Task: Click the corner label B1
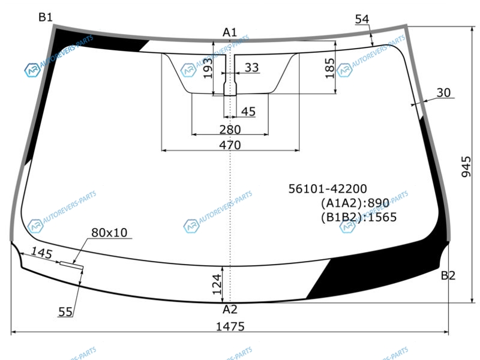(x=46, y=17)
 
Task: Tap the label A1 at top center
(x=230, y=32)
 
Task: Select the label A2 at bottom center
(x=230, y=310)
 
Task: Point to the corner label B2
(x=448, y=275)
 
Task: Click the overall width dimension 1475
(x=230, y=326)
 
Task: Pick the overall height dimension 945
(x=466, y=167)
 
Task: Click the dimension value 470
(x=230, y=145)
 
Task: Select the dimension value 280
(x=230, y=130)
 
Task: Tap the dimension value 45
(x=248, y=112)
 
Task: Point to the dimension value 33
(x=251, y=67)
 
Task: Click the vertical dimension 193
(x=208, y=68)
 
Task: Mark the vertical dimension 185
(x=329, y=68)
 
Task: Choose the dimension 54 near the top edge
(x=362, y=19)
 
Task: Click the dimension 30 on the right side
(x=443, y=92)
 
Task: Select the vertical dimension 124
(x=217, y=284)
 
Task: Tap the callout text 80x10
(x=109, y=233)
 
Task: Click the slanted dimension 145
(x=41, y=253)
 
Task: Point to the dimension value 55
(x=65, y=312)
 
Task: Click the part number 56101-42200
(x=328, y=188)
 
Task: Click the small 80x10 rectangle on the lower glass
(x=71, y=265)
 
